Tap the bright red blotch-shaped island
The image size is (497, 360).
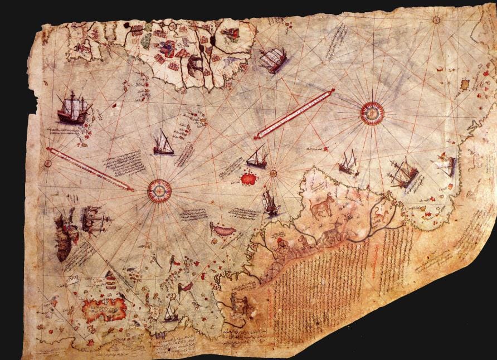pyautogui.click(x=247, y=178)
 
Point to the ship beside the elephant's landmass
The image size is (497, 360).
pyautogui.click(x=273, y=60)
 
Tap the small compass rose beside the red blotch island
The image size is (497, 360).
pyautogui.click(x=274, y=173)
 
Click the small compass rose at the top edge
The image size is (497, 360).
pyautogui.click(x=436, y=20)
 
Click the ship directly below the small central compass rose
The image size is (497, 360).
pyautogui.click(x=271, y=203)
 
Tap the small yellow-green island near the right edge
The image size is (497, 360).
pyautogui.click(x=465, y=85)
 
